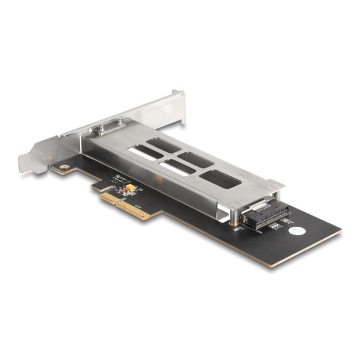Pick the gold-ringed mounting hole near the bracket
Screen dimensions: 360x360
pyautogui.click(x=61, y=167)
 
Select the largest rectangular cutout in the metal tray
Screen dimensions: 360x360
pyautogui.click(x=220, y=178)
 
